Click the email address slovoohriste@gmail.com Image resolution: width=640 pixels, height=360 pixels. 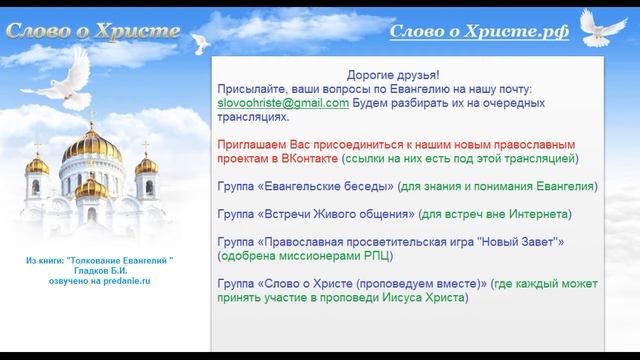pos(282,103)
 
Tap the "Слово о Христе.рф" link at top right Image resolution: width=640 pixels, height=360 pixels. pos(479,32)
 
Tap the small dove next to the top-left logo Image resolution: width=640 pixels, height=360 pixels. pos(201,41)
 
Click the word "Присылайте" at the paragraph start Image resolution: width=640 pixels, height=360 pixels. pos(252,89)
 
